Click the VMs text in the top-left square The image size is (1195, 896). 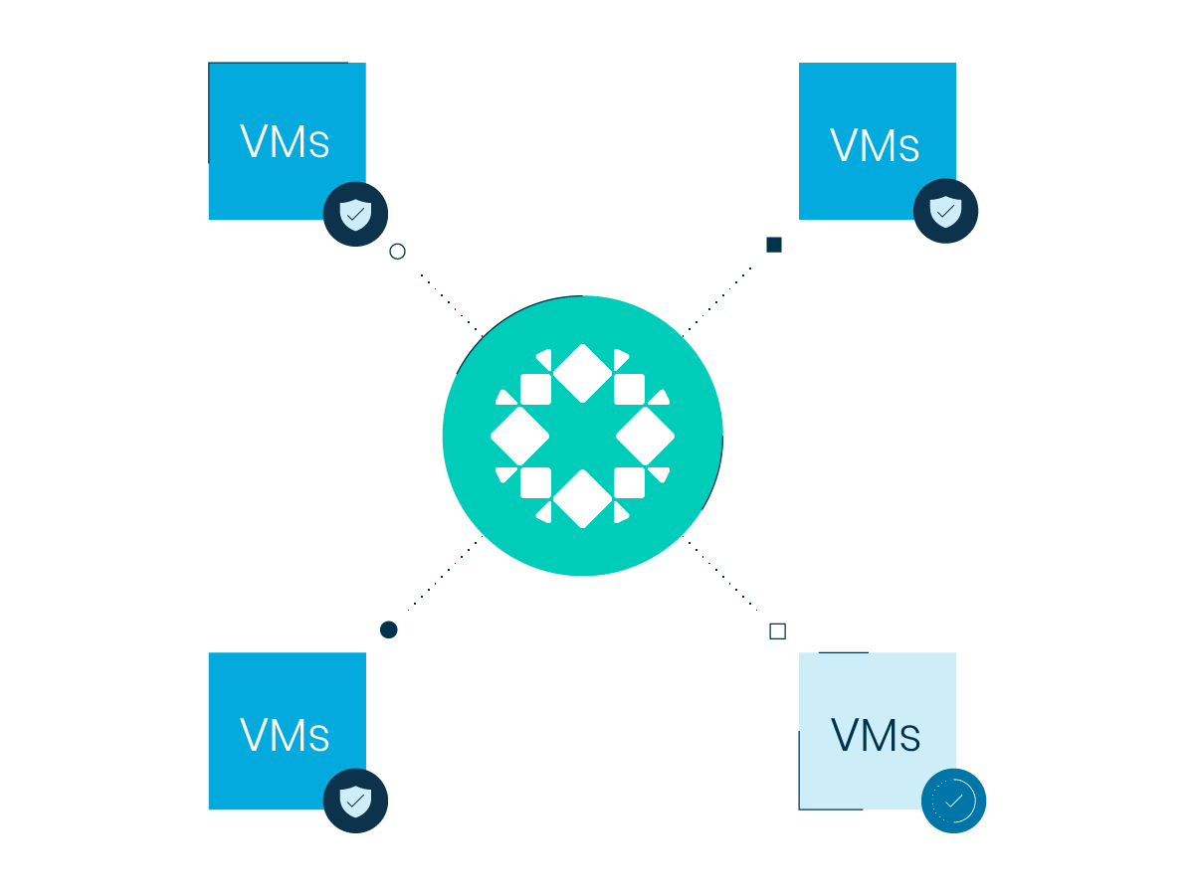[x=285, y=141]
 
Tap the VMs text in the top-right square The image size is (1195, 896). [x=875, y=144]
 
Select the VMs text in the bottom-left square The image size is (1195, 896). [x=285, y=734]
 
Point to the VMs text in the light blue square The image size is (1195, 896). [x=876, y=735]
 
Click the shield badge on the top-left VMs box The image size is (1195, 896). [x=355, y=214]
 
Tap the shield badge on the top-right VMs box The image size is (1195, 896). [x=945, y=211]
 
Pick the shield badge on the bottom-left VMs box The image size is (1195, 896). [x=355, y=801]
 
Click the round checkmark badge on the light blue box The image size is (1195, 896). [x=953, y=801]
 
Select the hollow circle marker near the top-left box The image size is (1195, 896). [x=397, y=252]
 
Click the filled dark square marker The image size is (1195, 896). [x=774, y=245]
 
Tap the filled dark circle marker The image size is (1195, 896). [x=389, y=629]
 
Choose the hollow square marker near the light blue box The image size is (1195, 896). [x=777, y=630]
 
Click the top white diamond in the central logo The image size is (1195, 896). [x=582, y=373]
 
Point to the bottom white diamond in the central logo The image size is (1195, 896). [x=582, y=498]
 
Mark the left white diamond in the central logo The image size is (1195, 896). [x=519, y=436]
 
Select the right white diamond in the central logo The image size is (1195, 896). [x=646, y=436]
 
